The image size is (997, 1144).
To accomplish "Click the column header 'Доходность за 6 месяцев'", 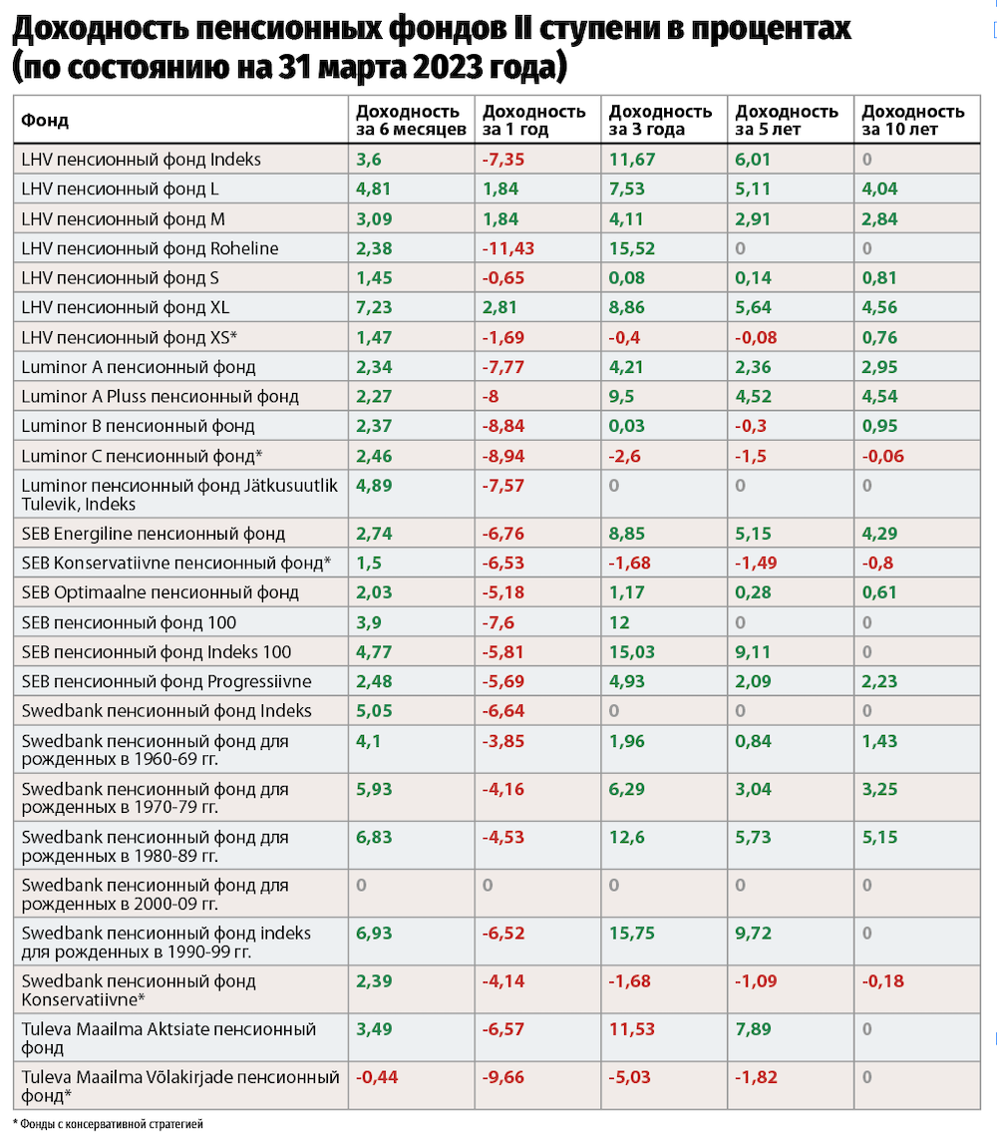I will pos(409,120).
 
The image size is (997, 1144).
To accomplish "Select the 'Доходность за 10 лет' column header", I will pos(912,120).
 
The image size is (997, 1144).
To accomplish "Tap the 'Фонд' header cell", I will pos(45,121).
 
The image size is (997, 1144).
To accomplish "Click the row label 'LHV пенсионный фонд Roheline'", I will pos(150,248).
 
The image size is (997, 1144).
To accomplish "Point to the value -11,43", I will pos(508,248).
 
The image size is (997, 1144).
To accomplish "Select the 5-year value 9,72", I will pos(753,933).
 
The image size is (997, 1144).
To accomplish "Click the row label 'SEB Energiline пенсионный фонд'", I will pos(153,534).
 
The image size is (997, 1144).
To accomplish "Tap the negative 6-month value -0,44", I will pos(376,1077).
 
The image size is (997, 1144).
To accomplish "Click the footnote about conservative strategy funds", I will pos(108,1124).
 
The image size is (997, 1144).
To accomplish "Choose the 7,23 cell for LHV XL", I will pos(374,307).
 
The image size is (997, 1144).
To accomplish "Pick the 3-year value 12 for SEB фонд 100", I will pos(619,622).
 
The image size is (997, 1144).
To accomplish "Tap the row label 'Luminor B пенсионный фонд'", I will pos(138,426).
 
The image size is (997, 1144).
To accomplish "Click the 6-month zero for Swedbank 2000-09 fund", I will pos(361,885).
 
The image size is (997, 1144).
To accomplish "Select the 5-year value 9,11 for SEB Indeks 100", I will pos(753,652).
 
